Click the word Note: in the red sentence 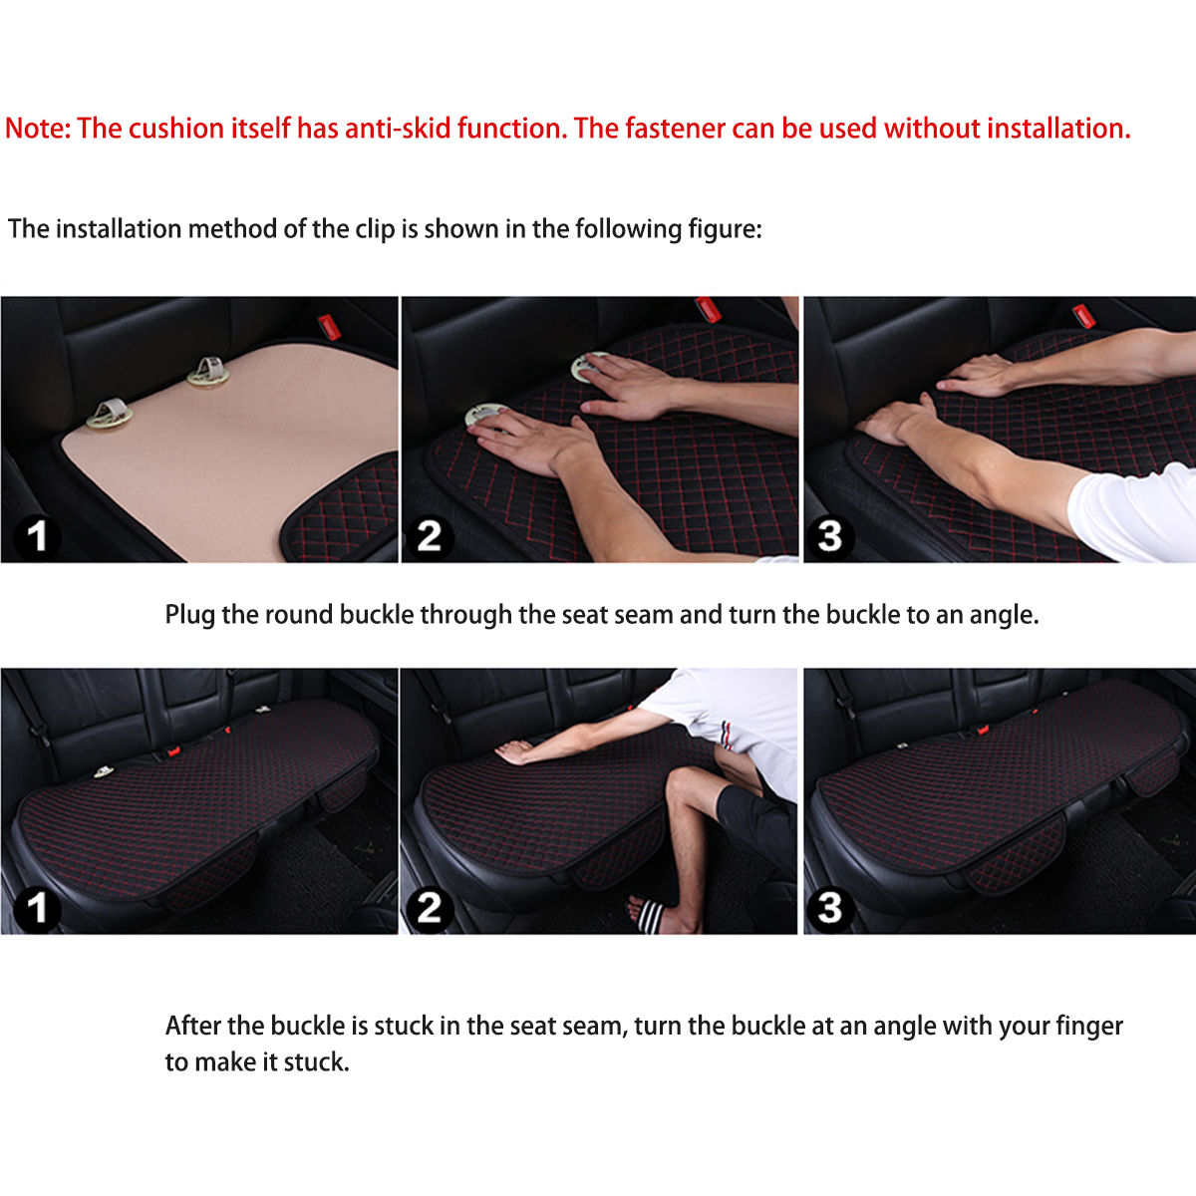(x=38, y=129)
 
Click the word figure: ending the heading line (x=725, y=229)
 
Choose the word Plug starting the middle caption (x=189, y=615)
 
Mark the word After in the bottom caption (x=193, y=1027)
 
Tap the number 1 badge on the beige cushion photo (x=37, y=536)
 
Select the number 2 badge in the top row (x=430, y=536)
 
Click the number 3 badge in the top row (x=830, y=536)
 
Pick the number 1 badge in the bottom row (x=37, y=908)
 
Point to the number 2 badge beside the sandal (x=430, y=908)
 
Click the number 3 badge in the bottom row (x=830, y=908)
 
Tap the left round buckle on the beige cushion (x=109, y=414)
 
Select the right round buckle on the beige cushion (x=208, y=372)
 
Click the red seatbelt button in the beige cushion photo (x=327, y=325)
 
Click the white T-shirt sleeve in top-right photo (x=1136, y=513)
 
